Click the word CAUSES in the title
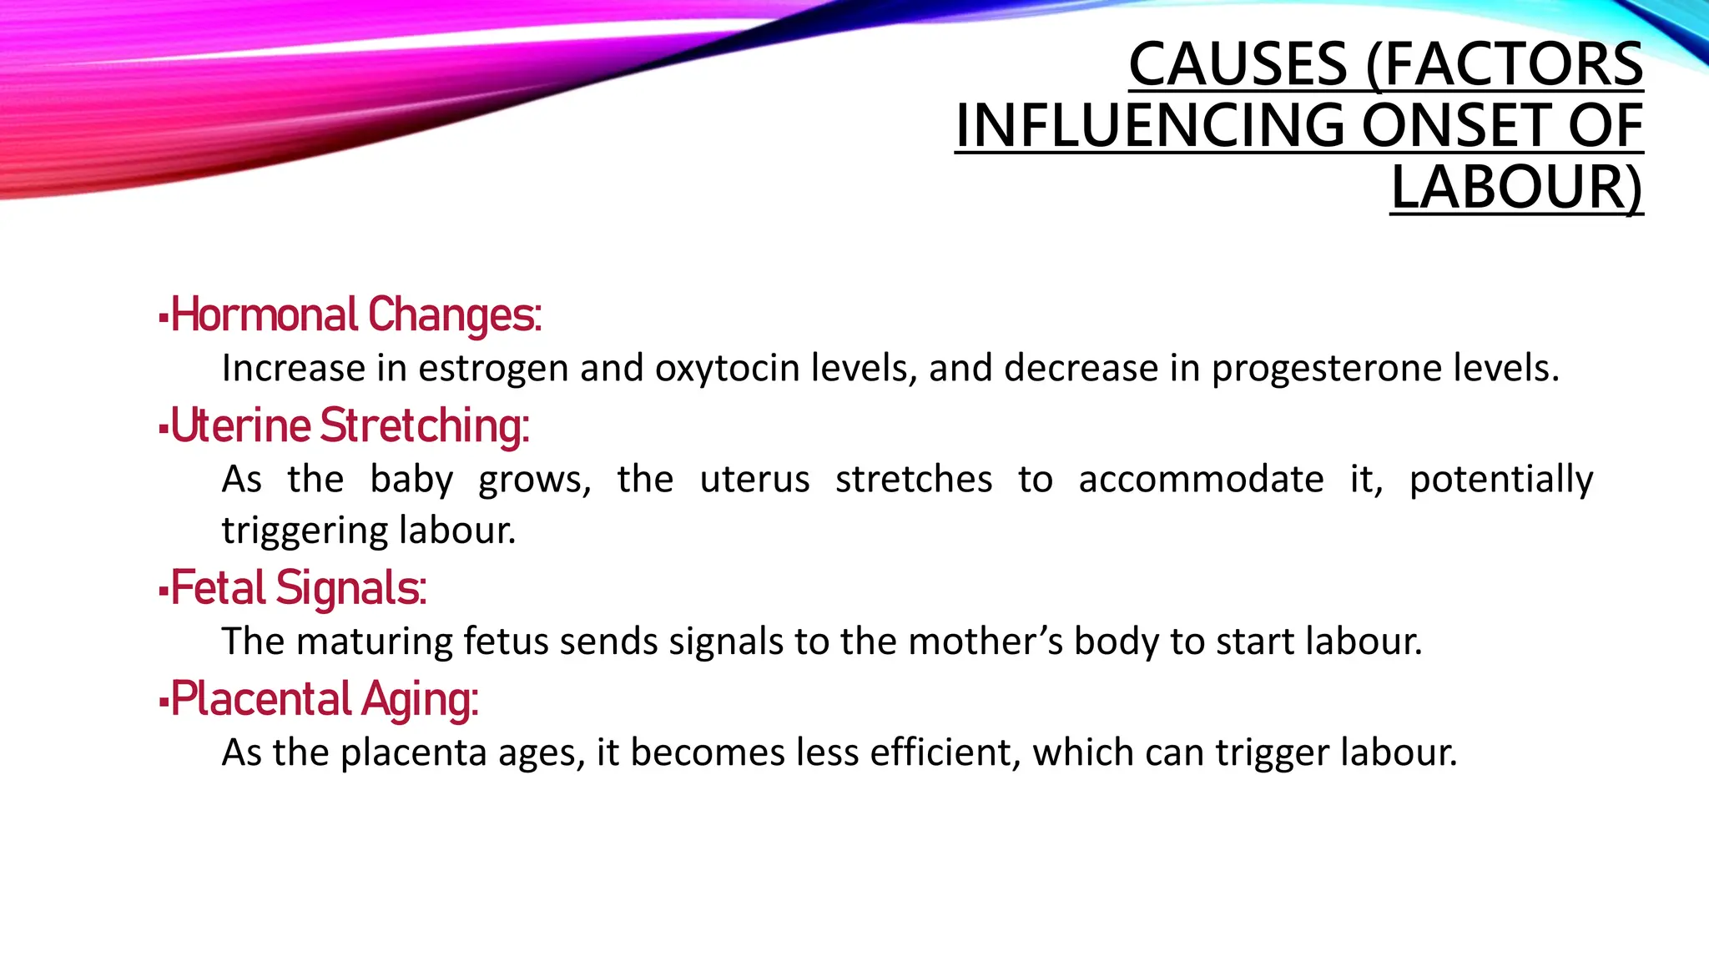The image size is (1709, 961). (x=1238, y=64)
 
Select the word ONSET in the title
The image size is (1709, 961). (x=1457, y=126)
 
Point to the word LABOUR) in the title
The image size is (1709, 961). (x=1516, y=188)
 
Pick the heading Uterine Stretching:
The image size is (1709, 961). (x=350, y=426)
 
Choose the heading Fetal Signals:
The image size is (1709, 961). (x=299, y=588)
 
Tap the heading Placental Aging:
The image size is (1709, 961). (x=325, y=699)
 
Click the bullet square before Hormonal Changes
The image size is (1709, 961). (x=164, y=318)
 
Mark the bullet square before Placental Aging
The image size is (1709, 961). (x=164, y=702)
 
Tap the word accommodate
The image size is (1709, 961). (x=1201, y=480)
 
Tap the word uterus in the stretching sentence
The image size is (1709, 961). (x=754, y=480)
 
